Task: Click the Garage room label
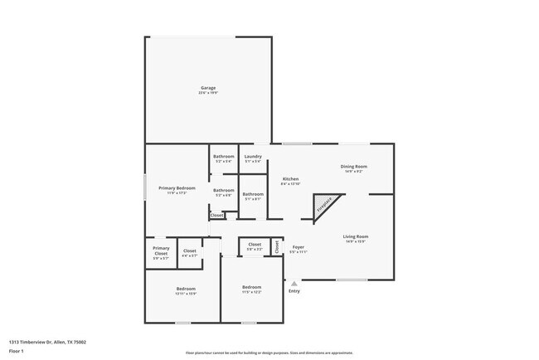[x=208, y=88]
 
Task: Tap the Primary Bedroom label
[x=177, y=188]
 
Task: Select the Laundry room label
[x=253, y=157]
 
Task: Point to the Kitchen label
[x=290, y=179]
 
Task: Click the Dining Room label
[x=354, y=167]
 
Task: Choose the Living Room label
[x=356, y=237]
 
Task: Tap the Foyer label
[x=299, y=247]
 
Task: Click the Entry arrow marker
[x=294, y=284]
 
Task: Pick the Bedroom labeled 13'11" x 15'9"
[x=185, y=289]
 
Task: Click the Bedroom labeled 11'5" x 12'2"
[x=252, y=288]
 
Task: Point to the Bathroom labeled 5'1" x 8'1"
[x=252, y=194]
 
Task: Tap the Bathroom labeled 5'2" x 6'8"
[x=223, y=191]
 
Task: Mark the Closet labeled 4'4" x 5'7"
[x=189, y=251]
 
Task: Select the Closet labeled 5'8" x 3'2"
[x=255, y=245]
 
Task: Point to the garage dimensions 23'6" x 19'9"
[x=208, y=93]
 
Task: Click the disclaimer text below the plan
[x=269, y=353]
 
